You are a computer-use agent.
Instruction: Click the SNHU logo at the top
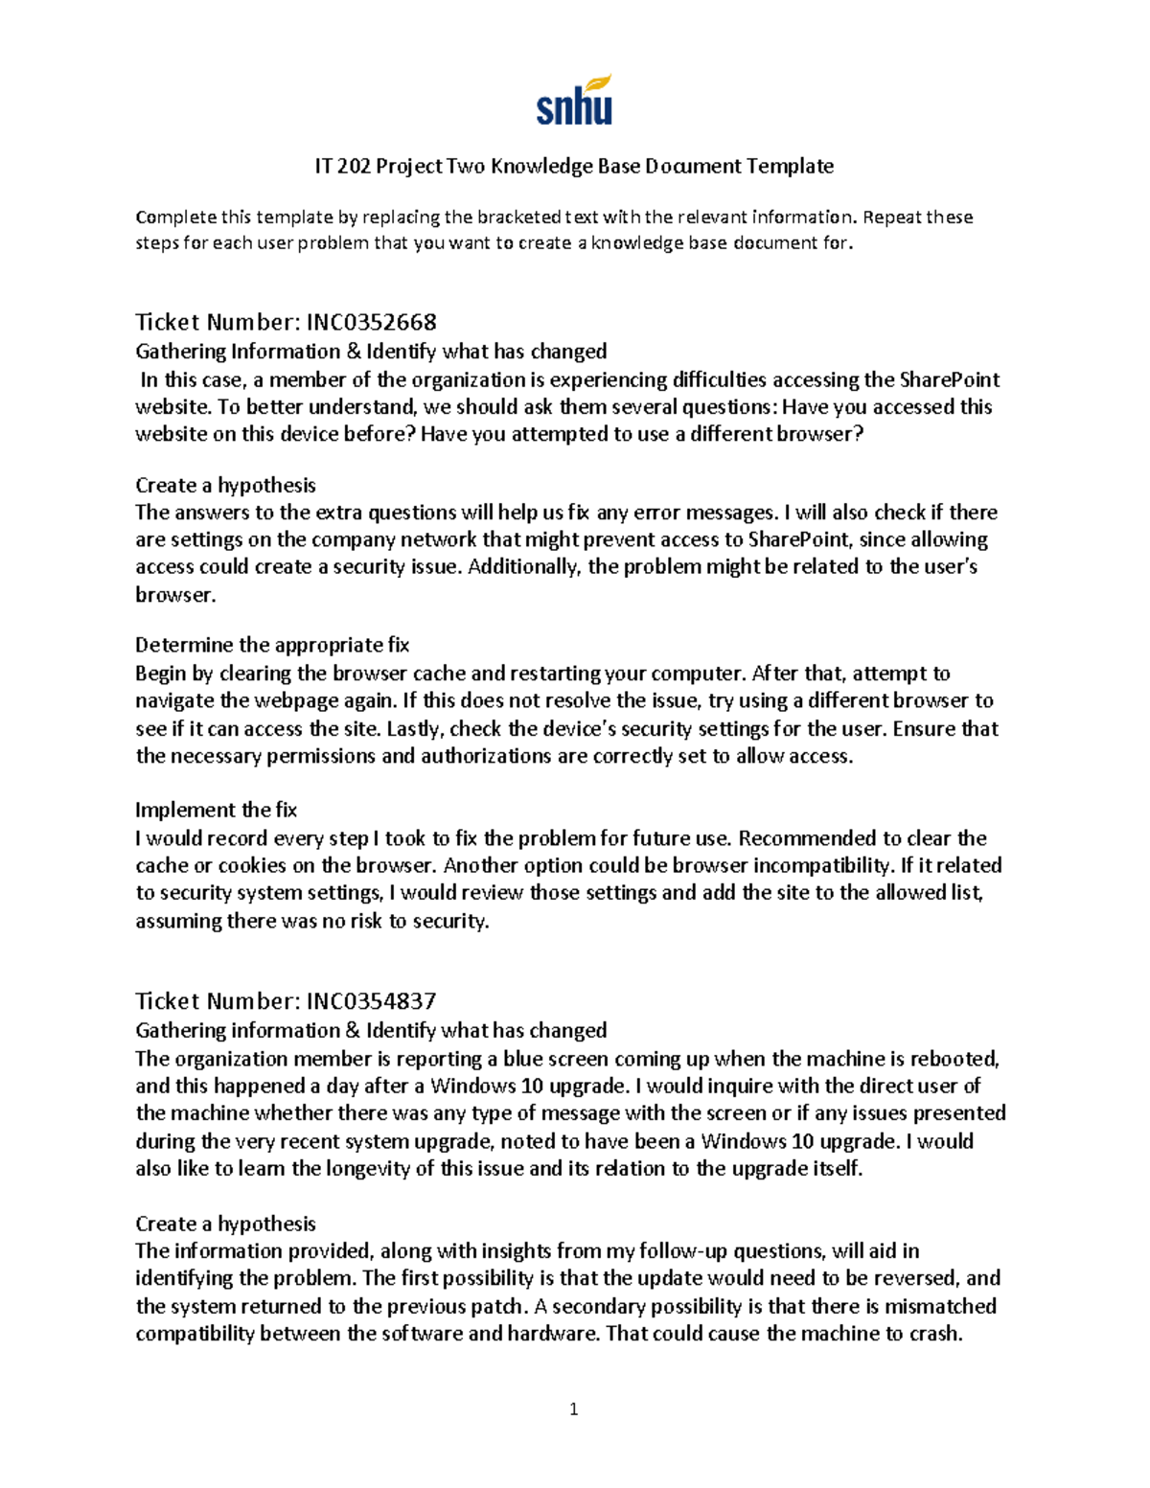click(x=574, y=101)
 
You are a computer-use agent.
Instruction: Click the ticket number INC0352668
click(x=371, y=321)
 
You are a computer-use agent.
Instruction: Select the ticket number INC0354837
click(x=371, y=1000)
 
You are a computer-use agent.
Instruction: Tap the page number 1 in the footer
click(x=573, y=1408)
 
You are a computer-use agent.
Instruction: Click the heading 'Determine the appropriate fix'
click(x=272, y=645)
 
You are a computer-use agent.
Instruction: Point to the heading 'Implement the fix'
click(x=216, y=810)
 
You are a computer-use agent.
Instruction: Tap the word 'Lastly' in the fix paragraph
click(x=414, y=728)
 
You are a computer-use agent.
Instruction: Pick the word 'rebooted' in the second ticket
click(x=954, y=1059)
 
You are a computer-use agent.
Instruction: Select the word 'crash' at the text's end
click(x=935, y=1333)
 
